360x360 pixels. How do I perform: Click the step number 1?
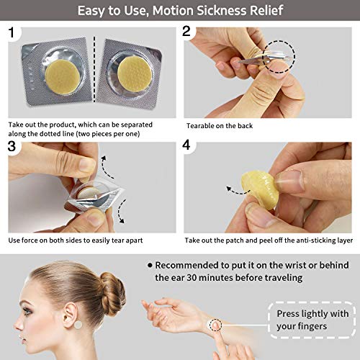click(x=12, y=32)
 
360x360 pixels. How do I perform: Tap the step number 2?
click(x=186, y=31)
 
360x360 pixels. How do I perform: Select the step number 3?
click(x=12, y=146)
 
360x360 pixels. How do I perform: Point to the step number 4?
click(x=186, y=145)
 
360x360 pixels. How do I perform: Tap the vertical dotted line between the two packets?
click(x=94, y=69)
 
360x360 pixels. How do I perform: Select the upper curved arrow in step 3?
click(x=104, y=168)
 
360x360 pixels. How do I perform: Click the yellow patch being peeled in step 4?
click(x=261, y=189)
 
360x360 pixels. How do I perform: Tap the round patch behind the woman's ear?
click(x=78, y=325)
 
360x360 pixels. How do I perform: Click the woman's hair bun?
click(x=112, y=294)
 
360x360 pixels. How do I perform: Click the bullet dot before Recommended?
click(x=150, y=265)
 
